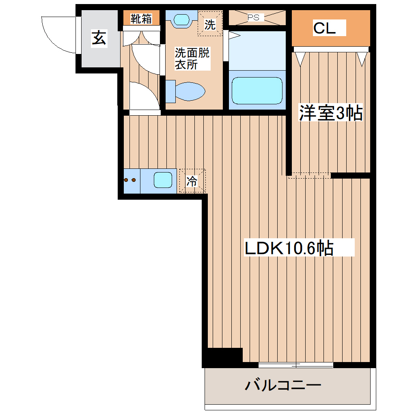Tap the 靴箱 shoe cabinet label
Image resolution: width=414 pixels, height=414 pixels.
click(141, 18)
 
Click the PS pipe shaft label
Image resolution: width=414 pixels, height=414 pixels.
click(253, 17)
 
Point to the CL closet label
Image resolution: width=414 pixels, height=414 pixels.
click(324, 28)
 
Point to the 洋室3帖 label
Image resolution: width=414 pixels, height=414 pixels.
click(330, 113)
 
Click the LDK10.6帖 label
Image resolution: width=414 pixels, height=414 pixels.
click(289, 247)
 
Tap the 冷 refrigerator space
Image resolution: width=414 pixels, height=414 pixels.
click(192, 181)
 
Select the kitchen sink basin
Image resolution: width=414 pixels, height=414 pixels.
click(163, 180)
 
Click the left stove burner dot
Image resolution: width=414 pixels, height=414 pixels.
click(127, 180)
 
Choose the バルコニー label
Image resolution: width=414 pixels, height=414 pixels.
click(283, 384)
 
